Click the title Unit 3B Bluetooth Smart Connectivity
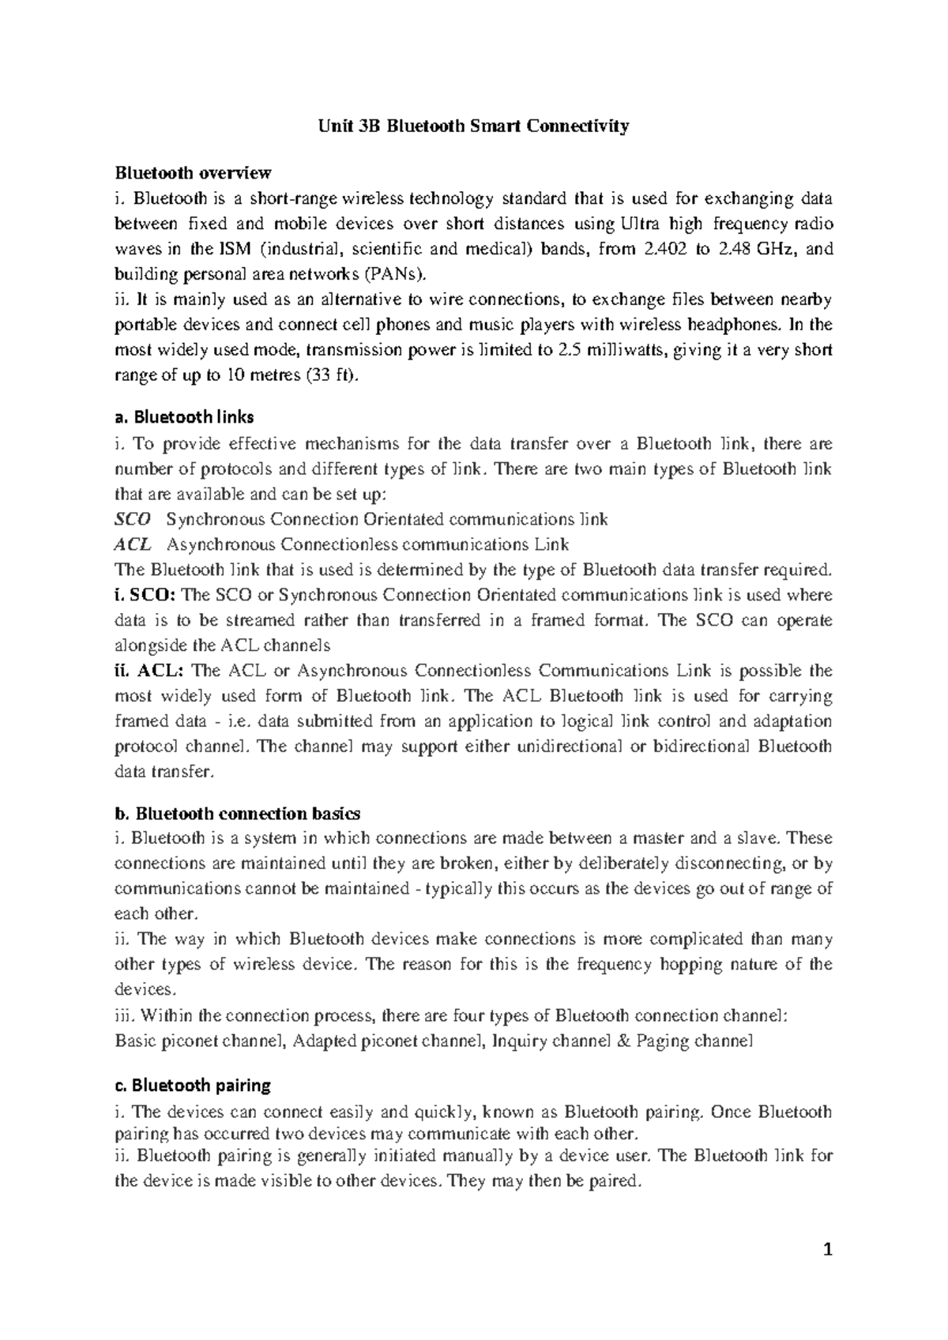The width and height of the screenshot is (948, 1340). (473, 126)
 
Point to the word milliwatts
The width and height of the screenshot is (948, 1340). (619, 350)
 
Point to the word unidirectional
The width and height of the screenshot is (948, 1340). (568, 747)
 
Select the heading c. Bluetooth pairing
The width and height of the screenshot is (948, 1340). (193, 1085)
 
